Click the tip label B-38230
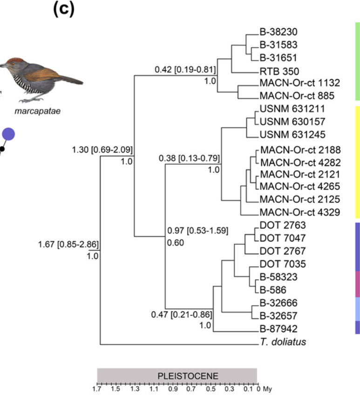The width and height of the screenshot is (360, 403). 278,33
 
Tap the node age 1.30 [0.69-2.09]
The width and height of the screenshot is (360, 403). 102,150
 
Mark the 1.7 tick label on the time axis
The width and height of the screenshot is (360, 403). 97,388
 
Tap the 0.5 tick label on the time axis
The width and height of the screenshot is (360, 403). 211,388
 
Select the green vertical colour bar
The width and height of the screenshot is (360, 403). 356,61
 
